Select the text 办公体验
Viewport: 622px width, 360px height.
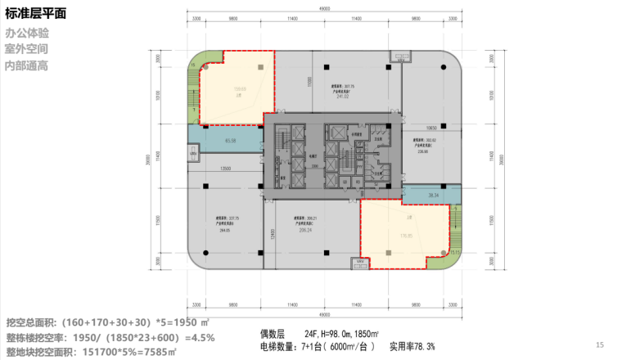click(26, 34)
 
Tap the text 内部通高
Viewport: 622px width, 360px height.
click(26, 65)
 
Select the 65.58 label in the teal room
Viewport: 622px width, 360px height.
click(230, 141)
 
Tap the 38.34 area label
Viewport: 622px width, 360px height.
click(434, 195)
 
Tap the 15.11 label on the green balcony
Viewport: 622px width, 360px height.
click(454, 252)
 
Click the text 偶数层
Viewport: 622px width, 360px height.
click(272, 333)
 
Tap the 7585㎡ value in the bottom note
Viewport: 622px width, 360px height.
click(158, 352)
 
